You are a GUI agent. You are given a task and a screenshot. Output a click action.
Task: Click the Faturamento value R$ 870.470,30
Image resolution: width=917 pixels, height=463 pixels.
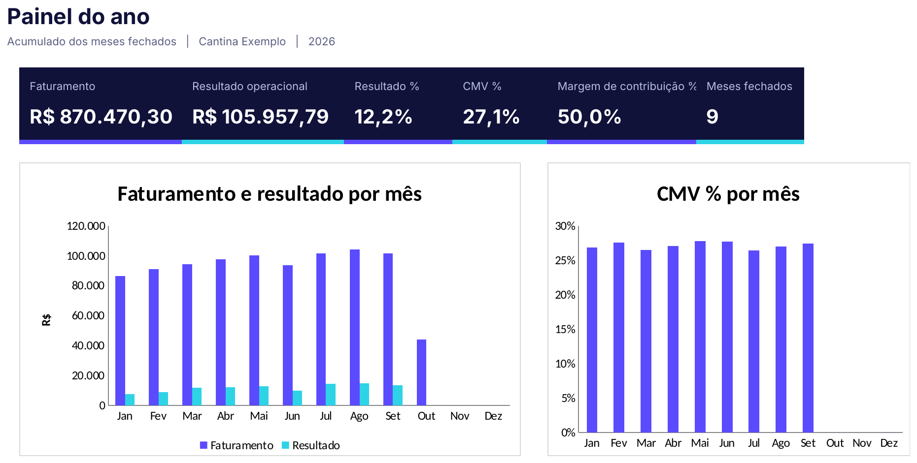coord(101,117)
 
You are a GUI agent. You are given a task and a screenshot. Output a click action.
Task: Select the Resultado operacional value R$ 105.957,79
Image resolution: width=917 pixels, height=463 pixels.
coord(260,117)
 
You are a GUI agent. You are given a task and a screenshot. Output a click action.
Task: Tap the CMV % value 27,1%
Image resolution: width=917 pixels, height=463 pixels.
coord(491,117)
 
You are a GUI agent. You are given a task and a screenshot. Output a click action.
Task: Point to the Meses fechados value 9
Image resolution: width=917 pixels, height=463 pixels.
coord(712,117)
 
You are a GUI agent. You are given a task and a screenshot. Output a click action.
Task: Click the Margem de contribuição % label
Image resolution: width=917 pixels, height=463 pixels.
coord(627,86)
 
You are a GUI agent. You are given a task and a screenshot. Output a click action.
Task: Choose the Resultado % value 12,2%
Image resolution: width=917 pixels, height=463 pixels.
coord(383,117)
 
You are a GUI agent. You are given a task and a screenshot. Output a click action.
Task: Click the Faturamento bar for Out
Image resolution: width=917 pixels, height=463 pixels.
coord(421,372)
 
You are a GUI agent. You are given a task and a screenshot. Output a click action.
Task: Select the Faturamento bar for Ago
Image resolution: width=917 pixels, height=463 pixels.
coord(355,327)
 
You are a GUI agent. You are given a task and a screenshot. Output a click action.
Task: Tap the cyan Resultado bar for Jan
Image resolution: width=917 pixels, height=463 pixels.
coord(130,400)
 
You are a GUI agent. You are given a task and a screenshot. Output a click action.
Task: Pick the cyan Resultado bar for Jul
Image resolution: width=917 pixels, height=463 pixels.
coord(331,395)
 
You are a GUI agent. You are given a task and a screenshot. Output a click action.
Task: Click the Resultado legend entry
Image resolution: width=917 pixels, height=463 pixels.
coord(311,445)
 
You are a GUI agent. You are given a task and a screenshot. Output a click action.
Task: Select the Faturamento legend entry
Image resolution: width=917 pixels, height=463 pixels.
coord(237,445)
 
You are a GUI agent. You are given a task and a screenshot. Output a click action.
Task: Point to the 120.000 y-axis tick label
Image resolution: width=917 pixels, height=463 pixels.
coord(86,226)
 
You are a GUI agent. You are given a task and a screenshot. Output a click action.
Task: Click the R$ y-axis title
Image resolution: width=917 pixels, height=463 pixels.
coord(46,320)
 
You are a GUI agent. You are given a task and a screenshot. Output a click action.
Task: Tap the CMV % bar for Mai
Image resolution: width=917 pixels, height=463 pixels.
coord(700,337)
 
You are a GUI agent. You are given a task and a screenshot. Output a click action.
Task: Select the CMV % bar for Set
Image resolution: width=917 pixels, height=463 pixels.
coord(808,338)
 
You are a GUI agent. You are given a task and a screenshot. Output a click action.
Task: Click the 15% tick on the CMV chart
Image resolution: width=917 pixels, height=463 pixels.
coord(565,329)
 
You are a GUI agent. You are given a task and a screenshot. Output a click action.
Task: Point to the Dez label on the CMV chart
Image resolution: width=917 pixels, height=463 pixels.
coord(889,443)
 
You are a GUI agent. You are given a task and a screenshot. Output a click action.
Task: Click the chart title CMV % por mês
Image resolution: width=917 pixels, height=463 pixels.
coord(728,194)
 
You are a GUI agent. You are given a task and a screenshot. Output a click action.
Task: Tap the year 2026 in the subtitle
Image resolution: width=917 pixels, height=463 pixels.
coord(322,41)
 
